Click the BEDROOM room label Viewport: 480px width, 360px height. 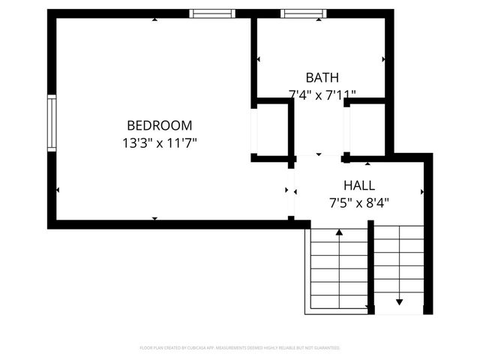[159, 125]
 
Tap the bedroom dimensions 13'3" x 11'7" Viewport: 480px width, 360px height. [159, 141]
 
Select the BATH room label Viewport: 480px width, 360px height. [322, 77]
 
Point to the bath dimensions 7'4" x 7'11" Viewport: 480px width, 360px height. [322, 94]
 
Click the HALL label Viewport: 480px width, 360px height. [359, 185]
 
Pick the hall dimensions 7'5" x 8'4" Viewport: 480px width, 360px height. [359, 202]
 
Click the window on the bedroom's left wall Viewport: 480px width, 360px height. [52, 123]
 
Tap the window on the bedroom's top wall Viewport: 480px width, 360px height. [212, 13]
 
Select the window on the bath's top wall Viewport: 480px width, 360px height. [304, 13]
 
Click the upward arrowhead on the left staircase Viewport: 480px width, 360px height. [339, 233]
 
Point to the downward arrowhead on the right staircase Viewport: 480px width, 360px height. [399, 301]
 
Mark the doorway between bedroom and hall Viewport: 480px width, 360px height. [291, 190]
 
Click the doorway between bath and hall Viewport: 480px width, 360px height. [318, 156]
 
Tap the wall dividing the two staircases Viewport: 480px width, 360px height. [370, 270]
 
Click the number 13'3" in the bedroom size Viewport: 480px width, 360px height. [137, 141]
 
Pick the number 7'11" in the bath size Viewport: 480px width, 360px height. [341, 94]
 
